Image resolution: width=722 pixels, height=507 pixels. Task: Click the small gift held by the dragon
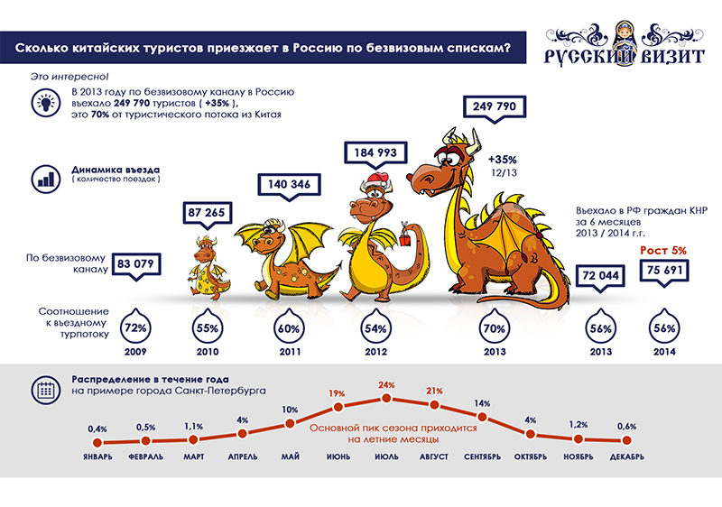click(407, 237)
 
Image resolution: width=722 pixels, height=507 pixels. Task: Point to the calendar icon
click(43, 390)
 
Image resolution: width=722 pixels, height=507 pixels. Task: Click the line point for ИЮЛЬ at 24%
click(386, 398)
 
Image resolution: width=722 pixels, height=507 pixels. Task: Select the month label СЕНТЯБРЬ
click(483, 457)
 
